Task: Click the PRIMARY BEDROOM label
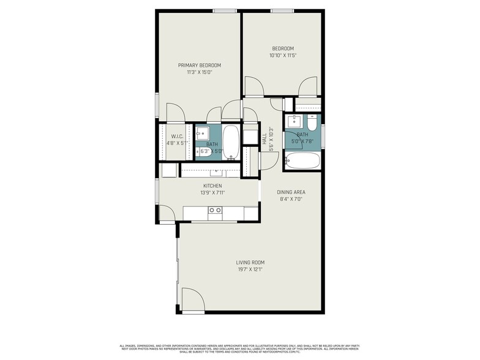(x=199, y=65)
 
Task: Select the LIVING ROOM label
(x=250, y=262)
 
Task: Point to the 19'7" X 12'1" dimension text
(x=250, y=269)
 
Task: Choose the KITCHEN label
(x=212, y=186)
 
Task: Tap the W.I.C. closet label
(x=178, y=136)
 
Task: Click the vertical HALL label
(x=264, y=140)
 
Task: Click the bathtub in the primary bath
(x=231, y=142)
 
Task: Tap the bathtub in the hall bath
(x=302, y=161)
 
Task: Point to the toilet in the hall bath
(x=312, y=124)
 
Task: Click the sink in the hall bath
(x=294, y=121)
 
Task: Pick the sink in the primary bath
(x=202, y=132)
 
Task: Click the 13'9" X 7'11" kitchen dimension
(x=212, y=193)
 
